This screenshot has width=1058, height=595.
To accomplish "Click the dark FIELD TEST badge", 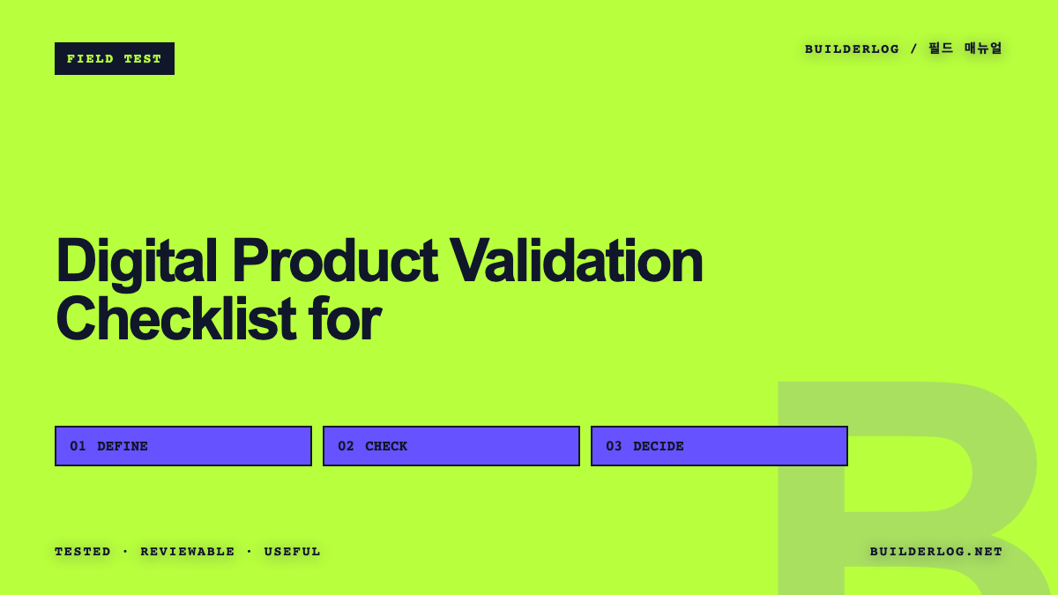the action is click(x=115, y=58).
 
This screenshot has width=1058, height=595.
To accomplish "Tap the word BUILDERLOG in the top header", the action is click(x=852, y=49).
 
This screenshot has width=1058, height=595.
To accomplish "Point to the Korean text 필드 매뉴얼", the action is click(x=965, y=48).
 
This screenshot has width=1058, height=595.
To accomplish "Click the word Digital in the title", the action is click(x=137, y=262).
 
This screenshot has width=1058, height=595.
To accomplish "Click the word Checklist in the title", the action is click(x=176, y=318).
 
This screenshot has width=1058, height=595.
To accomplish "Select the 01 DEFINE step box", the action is click(x=183, y=446).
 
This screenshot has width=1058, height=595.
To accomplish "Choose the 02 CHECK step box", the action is click(x=451, y=446).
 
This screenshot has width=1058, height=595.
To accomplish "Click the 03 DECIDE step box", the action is click(x=719, y=446).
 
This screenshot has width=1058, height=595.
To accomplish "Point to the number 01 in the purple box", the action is click(x=78, y=446).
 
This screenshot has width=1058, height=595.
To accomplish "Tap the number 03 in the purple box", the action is click(x=614, y=446).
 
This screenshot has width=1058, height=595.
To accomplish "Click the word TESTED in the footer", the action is click(x=83, y=552).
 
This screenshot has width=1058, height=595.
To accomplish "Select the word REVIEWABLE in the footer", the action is click(x=188, y=552).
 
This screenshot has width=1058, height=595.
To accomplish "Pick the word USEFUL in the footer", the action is click(x=293, y=552).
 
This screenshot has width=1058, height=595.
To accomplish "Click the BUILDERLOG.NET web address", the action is click(x=936, y=552).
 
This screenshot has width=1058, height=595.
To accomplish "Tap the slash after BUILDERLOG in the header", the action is click(x=914, y=48).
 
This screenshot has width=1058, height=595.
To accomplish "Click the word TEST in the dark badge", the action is click(x=143, y=59).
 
